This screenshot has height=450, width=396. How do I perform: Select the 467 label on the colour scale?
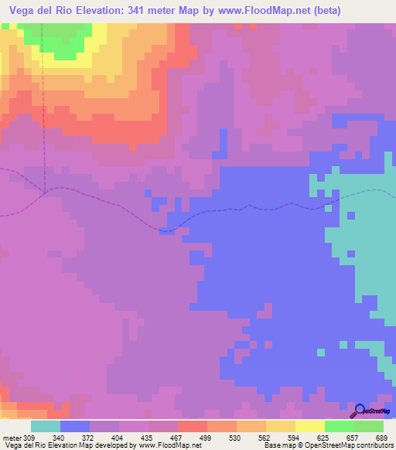click(177, 418)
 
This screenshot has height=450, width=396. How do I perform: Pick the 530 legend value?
click(236, 418)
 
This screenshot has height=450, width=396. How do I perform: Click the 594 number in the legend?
click(295, 418)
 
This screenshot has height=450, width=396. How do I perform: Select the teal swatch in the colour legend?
click(46, 426)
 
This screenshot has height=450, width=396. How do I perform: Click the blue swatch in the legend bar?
click(75, 426)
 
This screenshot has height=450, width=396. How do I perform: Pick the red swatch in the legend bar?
click(193, 426)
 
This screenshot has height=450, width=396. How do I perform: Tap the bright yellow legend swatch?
click(310, 426)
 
